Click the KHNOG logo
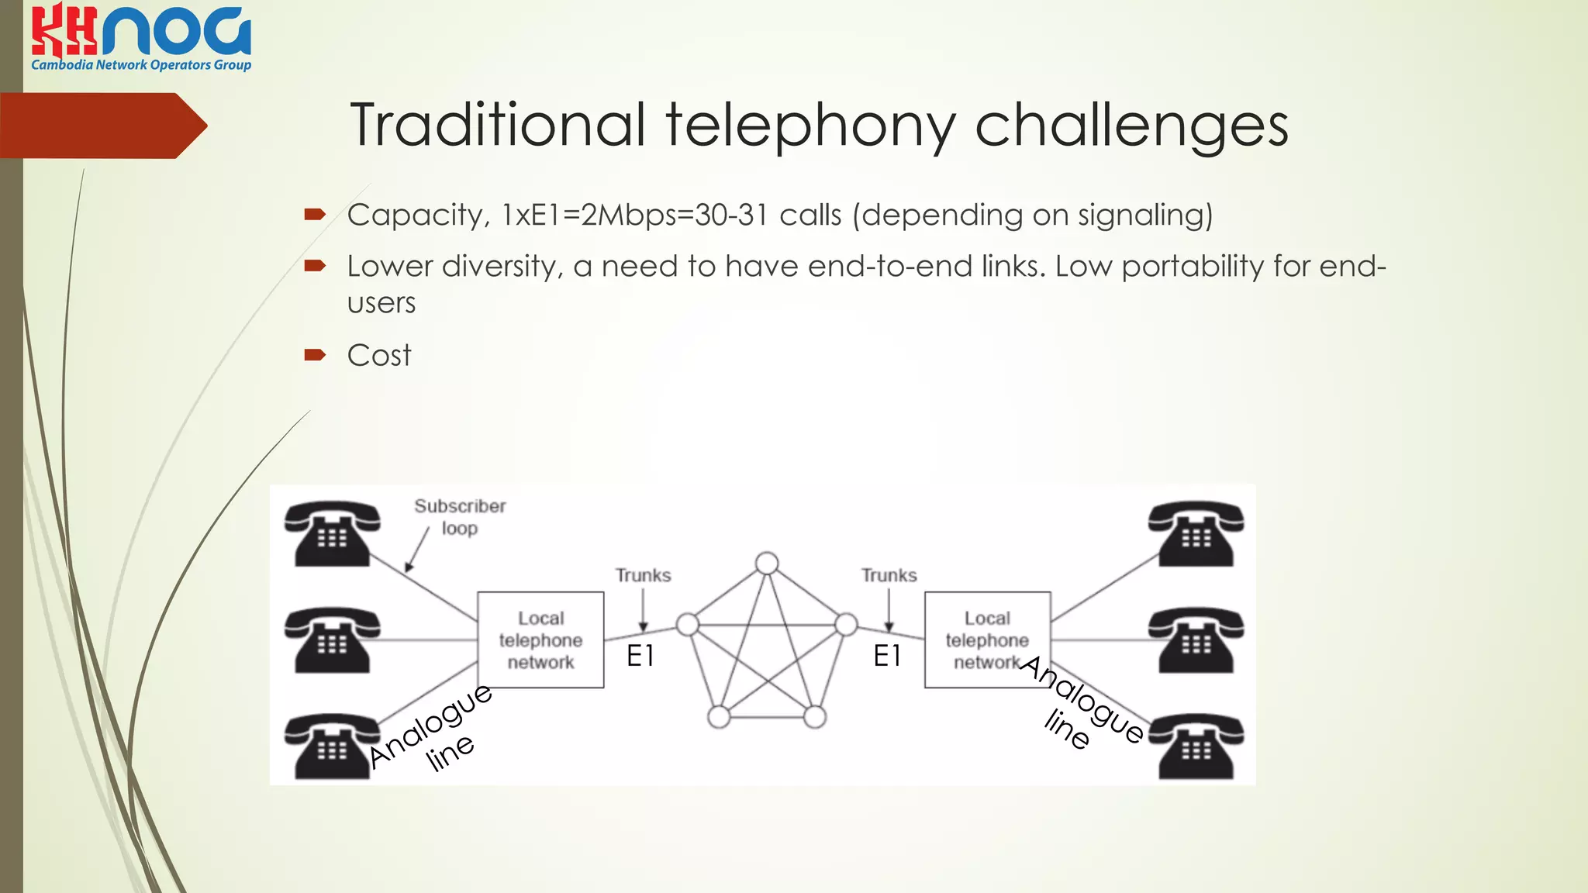[x=141, y=37]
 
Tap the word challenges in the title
[x=1131, y=126]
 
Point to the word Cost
[x=379, y=355]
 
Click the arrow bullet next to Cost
[x=315, y=355]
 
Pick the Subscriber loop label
[x=460, y=517]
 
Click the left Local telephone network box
[x=540, y=640]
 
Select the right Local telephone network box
[x=987, y=640]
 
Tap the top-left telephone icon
[x=332, y=534]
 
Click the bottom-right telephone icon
[x=1196, y=746]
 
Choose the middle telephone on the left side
[x=332, y=640]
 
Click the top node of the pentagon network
[x=767, y=564]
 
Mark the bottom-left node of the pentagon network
[x=719, y=717]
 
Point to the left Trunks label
[x=643, y=575]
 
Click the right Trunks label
[x=889, y=575]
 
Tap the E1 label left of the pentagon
[x=640, y=657]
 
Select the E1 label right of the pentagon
[x=887, y=657]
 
